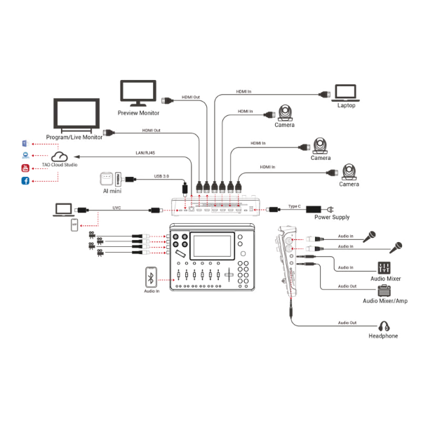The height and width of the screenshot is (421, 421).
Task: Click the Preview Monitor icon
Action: (139, 93)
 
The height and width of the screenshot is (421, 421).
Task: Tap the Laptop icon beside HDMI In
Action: (346, 93)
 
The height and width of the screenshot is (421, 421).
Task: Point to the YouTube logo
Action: (25, 168)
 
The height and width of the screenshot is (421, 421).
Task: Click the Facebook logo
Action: (25, 182)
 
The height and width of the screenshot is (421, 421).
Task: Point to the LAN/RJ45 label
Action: (145, 152)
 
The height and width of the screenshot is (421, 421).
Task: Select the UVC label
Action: (117, 207)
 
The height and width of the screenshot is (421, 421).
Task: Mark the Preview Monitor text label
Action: (139, 113)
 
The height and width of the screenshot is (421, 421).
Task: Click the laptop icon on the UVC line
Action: (64, 208)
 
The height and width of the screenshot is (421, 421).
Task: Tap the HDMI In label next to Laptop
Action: (244, 91)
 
